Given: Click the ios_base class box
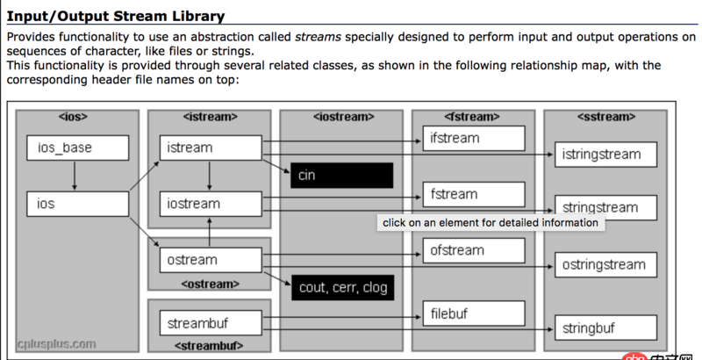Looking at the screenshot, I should click(78, 148).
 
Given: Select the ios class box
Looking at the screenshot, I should click(78, 204).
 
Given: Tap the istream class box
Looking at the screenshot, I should click(211, 148).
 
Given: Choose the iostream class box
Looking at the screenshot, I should click(211, 204).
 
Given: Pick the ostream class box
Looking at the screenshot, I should click(211, 260).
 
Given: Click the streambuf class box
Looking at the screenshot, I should click(211, 323).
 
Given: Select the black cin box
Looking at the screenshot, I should click(341, 176).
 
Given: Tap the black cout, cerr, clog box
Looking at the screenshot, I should click(341, 287).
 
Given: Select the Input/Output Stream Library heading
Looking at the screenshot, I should click(116, 16).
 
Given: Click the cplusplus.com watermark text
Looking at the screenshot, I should click(56, 342).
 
